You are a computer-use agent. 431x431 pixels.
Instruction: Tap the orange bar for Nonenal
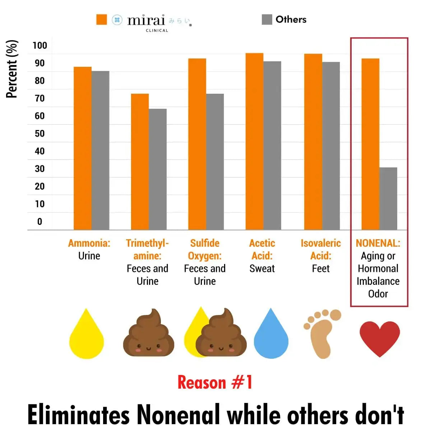point(370,144)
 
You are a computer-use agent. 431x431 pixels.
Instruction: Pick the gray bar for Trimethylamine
point(158,169)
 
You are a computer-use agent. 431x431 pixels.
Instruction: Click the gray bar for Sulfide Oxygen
point(215,162)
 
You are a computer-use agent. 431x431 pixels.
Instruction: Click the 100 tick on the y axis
point(40,46)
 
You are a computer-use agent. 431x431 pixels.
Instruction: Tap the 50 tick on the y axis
point(40,134)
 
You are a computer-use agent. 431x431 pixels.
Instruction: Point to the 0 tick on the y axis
point(40,222)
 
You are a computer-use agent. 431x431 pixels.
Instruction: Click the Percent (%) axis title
point(11,69)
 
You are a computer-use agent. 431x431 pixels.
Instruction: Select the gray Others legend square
point(267,20)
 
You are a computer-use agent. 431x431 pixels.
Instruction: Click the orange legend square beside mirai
point(102,20)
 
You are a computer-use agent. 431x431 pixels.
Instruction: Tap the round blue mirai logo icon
point(117,20)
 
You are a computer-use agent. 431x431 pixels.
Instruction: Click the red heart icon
point(380,338)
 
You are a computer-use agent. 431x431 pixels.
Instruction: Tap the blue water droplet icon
point(271,336)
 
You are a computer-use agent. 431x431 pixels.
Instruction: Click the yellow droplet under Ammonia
point(87,336)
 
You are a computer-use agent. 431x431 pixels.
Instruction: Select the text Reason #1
point(215,382)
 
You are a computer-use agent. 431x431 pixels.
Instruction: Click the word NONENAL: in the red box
point(378,243)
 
